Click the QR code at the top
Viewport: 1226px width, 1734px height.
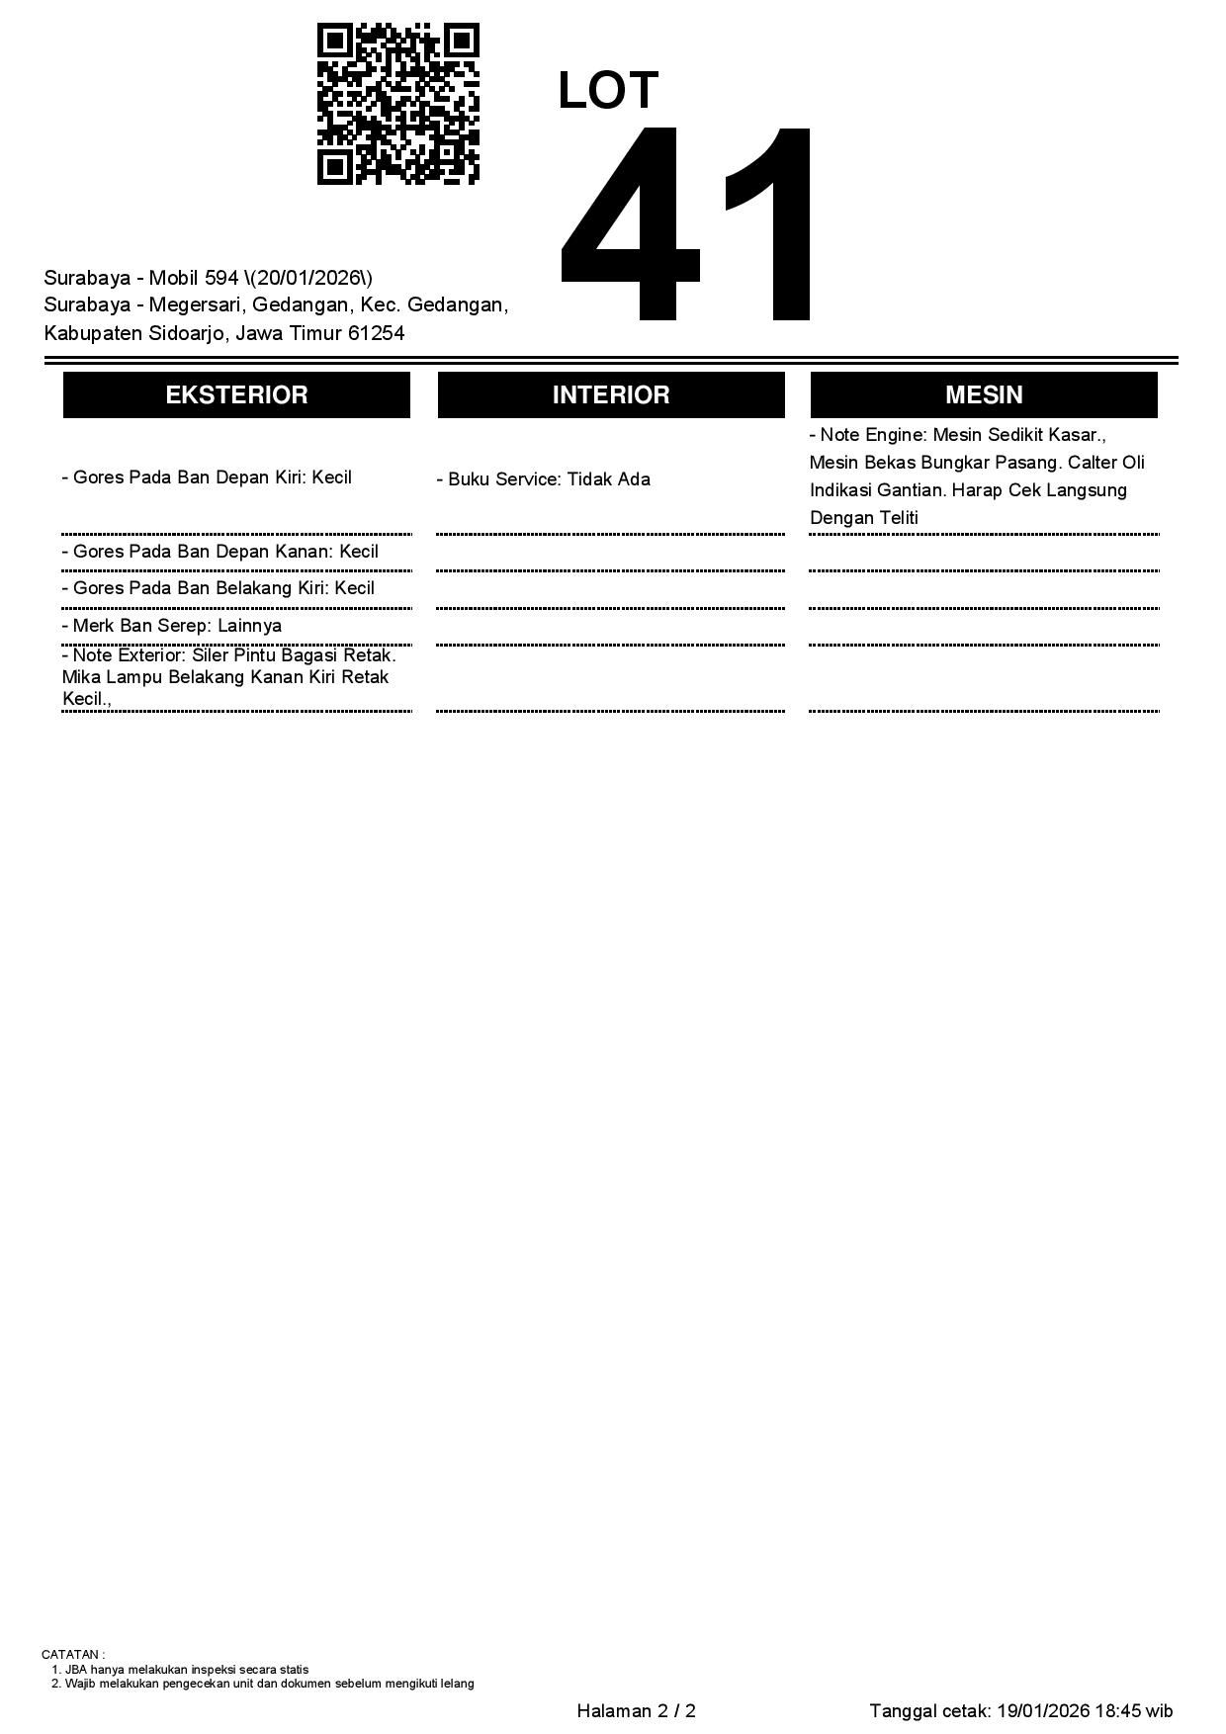[397, 104]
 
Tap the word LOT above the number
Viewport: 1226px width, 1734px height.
[607, 91]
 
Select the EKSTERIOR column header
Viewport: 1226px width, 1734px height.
[236, 395]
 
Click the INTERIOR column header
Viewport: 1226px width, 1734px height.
[611, 395]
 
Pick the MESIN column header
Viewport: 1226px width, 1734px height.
[984, 395]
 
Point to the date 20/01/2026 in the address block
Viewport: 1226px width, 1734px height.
[309, 278]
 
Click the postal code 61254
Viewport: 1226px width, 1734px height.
[376, 333]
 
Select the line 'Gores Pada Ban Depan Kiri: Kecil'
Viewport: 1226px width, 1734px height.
[207, 477]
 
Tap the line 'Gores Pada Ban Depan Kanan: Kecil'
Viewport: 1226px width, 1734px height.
[219, 552]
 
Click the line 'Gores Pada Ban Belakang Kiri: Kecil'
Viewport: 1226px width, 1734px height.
[218, 588]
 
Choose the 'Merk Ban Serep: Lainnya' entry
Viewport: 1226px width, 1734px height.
[171, 626]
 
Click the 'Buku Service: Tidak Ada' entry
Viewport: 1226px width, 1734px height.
[543, 479]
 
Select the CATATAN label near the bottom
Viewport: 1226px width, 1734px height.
[72, 1654]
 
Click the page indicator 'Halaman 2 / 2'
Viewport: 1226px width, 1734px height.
[636, 1711]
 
